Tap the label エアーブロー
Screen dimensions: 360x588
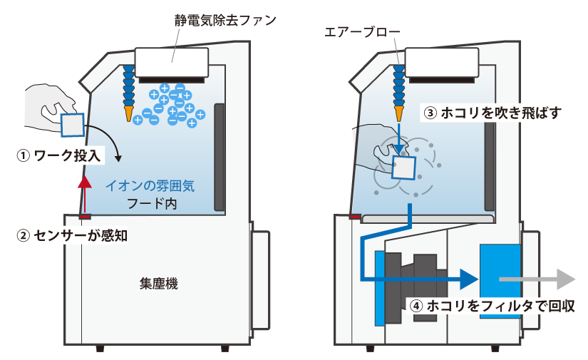(x=363, y=32)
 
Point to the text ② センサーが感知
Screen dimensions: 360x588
(x=72, y=235)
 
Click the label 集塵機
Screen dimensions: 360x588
(x=158, y=284)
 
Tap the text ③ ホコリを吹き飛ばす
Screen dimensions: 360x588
(x=492, y=113)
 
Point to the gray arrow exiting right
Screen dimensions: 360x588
(x=538, y=279)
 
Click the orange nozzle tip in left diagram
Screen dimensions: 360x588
(x=129, y=113)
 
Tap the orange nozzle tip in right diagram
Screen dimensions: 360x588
(x=398, y=112)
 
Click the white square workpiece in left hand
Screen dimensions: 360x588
(x=72, y=125)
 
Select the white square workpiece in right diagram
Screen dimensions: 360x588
(x=404, y=168)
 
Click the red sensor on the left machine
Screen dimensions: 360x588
(x=85, y=216)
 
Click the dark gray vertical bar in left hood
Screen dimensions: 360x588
(x=220, y=157)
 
